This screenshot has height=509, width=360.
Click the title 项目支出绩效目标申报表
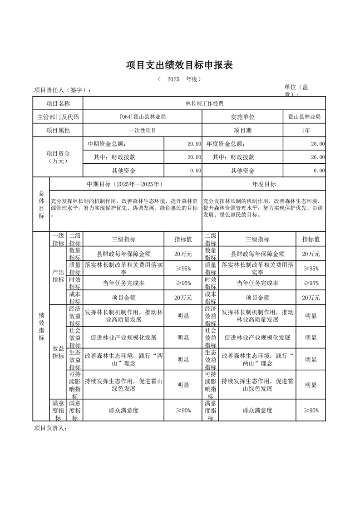(179, 65)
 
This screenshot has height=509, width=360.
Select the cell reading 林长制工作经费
(204, 103)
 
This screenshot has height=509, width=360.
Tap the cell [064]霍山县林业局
(142, 117)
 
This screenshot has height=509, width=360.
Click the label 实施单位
(242, 117)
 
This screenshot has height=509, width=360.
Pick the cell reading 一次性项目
(142, 130)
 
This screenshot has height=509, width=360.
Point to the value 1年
(306, 130)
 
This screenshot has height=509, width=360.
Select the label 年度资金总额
(225, 144)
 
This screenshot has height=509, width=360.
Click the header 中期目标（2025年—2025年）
(125, 184)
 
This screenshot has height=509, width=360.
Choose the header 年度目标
(264, 184)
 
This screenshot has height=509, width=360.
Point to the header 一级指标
(58, 240)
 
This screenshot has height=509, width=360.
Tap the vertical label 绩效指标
(41, 327)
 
